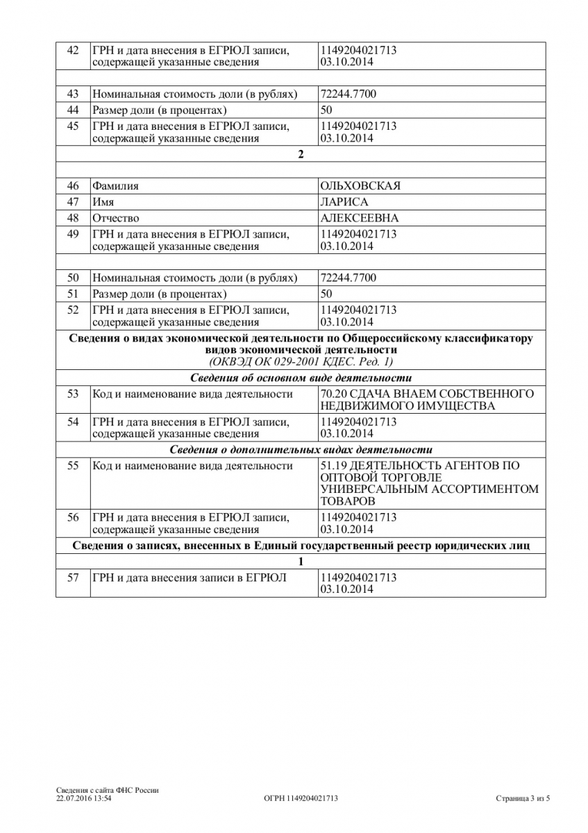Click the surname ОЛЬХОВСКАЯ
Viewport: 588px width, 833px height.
[360, 186]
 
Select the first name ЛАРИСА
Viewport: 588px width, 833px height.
[344, 202]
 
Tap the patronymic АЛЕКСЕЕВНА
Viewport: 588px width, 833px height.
[359, 218]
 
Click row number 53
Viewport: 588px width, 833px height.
[73, 394]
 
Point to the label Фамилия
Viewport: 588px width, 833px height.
[115, 186]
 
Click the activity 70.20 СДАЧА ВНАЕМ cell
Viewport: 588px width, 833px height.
[426, 400]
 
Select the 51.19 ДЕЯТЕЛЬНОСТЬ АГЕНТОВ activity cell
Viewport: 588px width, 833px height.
[428, 483]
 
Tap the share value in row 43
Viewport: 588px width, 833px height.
[348, 94]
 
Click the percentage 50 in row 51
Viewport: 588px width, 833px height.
[326, 294]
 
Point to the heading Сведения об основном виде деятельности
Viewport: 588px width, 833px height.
[301, 378]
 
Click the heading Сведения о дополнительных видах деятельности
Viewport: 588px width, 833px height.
[301, 450]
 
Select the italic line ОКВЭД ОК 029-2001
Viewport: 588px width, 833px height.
[301, 362]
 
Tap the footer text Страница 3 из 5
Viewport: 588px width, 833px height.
[523, 799]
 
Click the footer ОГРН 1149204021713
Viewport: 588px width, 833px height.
[301, 799]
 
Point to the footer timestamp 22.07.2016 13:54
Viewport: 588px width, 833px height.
[84, 799]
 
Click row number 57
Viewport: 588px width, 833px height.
[73, 578]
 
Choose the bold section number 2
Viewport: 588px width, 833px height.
[301, 154]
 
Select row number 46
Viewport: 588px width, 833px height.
[73, 186]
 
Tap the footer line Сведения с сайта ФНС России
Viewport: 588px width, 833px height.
[108, 791]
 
